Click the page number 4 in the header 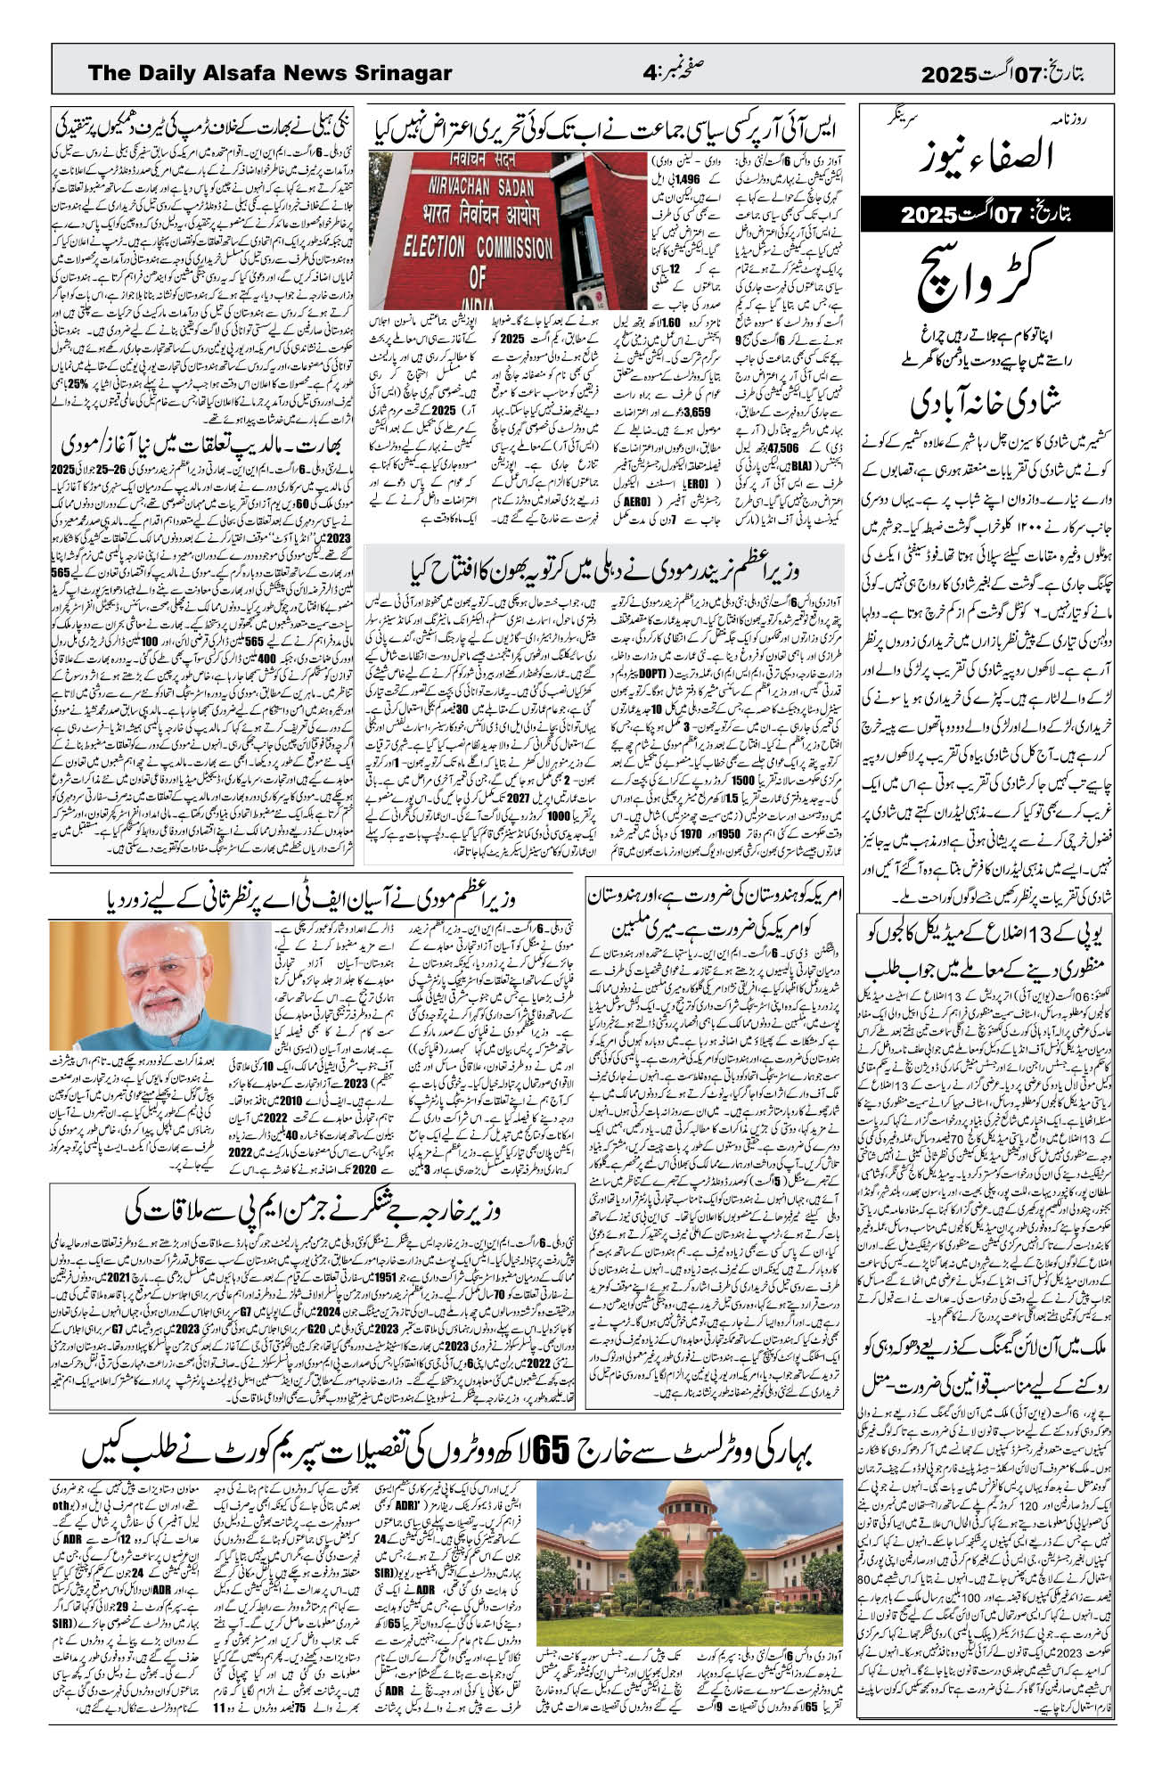(x=649, y=73)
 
